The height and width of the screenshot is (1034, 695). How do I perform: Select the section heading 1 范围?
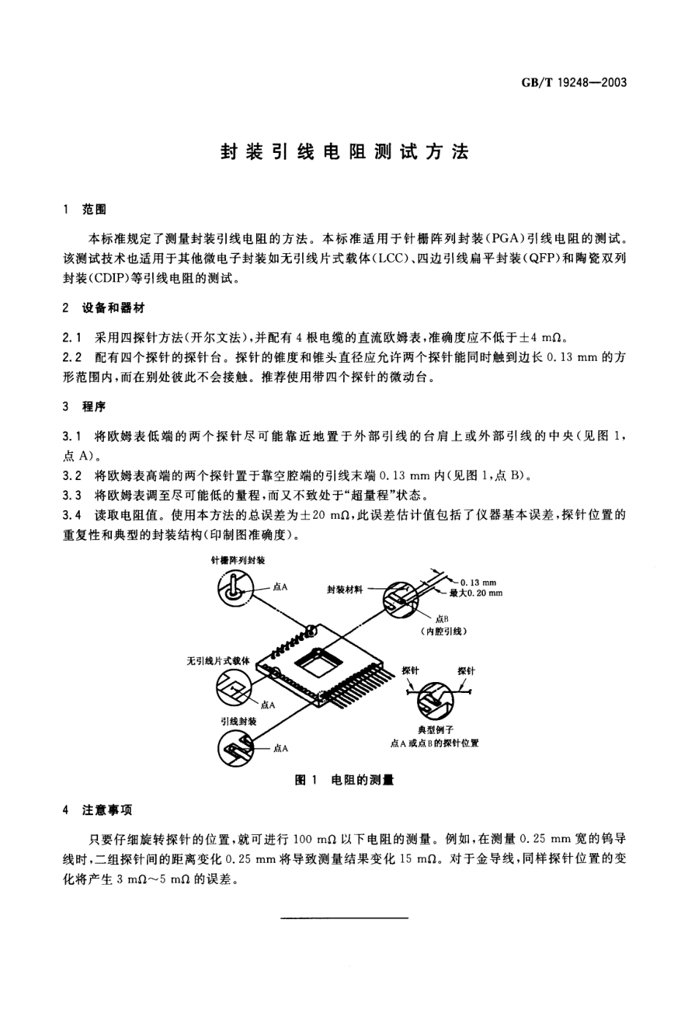(85, 210)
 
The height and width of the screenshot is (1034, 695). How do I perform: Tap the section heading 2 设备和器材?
(104, 308)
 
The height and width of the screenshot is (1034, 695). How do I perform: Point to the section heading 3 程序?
(85, 407)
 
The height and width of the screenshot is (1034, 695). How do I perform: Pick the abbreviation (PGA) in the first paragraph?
(489, 238)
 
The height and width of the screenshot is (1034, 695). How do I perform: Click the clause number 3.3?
(72, 495)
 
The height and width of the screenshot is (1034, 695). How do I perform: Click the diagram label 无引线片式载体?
(219, 660)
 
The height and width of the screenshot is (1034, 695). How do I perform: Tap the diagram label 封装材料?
(345, 589)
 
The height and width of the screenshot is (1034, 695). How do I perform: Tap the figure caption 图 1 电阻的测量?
(344, 780)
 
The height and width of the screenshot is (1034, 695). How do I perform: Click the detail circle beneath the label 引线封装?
(235, 747)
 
